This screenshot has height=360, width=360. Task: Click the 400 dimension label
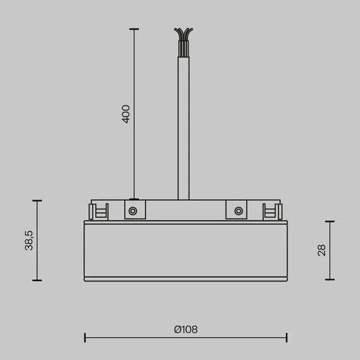coord(126,114)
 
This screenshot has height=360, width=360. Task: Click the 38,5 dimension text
coord(29,240)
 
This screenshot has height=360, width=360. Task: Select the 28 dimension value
coord(321,250)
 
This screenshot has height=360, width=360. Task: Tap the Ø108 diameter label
coord(186,329)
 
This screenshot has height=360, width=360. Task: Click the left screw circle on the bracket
coord(133,211)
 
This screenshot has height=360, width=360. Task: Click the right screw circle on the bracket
coord(238,211)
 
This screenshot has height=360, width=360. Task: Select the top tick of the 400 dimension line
coord(133,29)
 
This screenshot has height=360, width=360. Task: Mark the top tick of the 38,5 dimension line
coord(37,201)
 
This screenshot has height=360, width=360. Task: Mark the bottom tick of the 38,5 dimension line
coord(37,280)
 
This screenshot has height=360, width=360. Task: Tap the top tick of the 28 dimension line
coord(330,222)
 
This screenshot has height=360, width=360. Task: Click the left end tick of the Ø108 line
coord(85,338)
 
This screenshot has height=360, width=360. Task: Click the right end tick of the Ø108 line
coord(287,338)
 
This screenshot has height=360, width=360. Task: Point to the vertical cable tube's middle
coord(183,126)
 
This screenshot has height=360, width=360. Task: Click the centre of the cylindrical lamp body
coord(186,249)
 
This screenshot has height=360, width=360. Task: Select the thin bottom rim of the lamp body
coord(186,279)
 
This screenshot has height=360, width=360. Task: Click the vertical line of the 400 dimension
coord(133,158)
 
